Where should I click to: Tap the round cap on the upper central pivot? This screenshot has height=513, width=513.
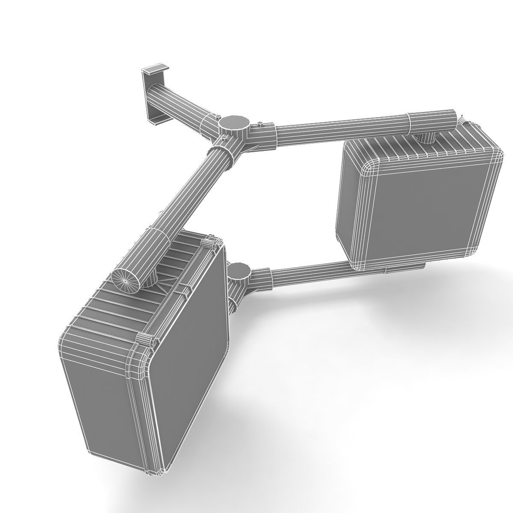click(x=234, y=121)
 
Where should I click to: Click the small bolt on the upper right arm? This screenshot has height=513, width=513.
click(x=259, y=124)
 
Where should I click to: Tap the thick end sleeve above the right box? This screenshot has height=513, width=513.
click(x=432, y=121)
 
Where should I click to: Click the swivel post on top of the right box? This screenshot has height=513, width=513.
click(x=425, y=138)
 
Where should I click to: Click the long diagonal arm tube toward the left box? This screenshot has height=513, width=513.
click(x=188, y=192)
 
